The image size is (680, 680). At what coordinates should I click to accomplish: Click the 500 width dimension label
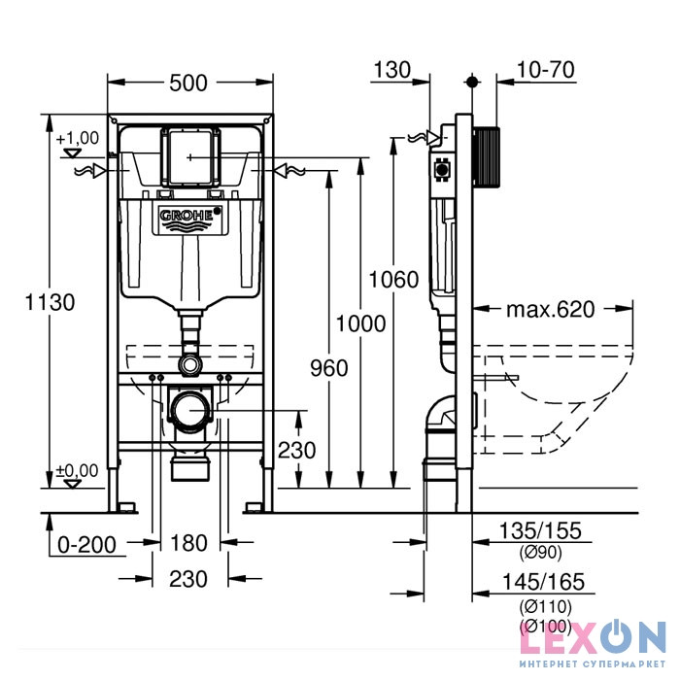[188, 83]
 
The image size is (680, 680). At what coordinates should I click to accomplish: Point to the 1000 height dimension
[360, 323]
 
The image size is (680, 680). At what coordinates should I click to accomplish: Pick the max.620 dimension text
[550, 311]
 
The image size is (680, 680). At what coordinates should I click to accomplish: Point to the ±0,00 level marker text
[78, 471]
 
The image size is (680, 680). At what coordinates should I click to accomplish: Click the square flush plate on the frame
[189, 156]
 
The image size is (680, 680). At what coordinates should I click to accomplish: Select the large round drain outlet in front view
[189, 411]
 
